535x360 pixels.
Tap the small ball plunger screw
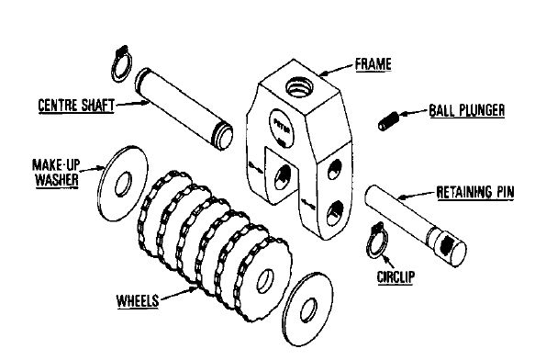pos(390,119)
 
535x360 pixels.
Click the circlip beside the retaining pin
pos(378,239)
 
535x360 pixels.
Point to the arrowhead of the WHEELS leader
pos(196,286)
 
